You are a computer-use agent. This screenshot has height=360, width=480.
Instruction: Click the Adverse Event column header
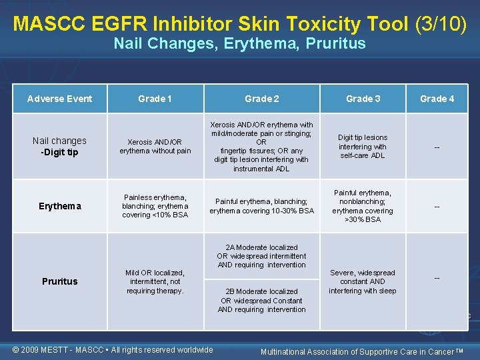coord(60,99)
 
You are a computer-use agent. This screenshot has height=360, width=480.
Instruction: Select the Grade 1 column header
coord(155,99)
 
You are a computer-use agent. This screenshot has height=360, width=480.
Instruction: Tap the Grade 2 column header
coord(261,99)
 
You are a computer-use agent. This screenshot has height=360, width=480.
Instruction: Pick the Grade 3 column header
coord(363,99)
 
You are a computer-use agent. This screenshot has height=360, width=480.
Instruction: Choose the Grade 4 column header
coord(437,99)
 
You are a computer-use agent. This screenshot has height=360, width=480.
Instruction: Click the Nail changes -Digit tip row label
coord(60,146)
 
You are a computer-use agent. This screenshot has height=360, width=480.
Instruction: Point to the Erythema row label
coord(60,206)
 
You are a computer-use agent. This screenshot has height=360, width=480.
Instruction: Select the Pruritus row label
coord(60,281)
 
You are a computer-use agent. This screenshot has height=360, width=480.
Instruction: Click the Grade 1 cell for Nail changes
coord(155,146)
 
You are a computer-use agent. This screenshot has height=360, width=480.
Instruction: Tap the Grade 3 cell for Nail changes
coord(363,146)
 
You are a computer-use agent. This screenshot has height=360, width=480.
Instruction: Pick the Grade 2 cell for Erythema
coord(261,206)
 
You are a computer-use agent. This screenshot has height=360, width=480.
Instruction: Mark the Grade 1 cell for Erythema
coord(155,206)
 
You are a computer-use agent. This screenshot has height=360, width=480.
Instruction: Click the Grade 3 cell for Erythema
coord(363,206)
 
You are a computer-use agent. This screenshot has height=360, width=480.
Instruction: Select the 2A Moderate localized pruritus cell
coord(261,256)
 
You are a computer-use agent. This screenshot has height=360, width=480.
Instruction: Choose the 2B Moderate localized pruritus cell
coord(261,300)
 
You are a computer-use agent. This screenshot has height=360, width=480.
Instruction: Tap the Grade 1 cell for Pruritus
coord(155,281)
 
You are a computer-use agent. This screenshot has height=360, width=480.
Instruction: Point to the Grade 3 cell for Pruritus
coord(363,281)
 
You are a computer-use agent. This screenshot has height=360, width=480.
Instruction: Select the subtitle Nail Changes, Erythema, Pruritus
coord(239,44)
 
